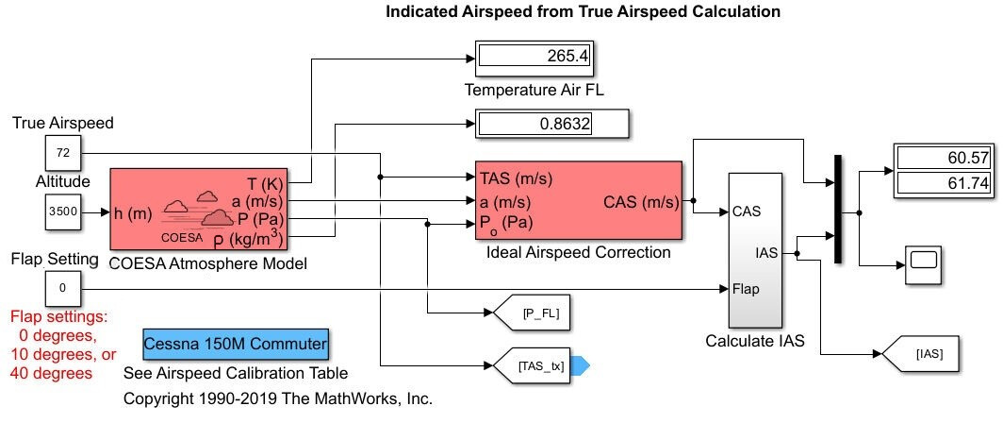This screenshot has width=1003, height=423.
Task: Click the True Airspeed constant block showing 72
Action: click(x=63, y=152)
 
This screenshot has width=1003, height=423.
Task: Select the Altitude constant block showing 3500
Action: click(x=63, y=211)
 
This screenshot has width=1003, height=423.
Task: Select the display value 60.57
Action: click(x=944, y=159)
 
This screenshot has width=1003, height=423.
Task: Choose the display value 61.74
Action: click(x=944, y=183)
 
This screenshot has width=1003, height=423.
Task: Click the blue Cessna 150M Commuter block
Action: click(x=236, y=344)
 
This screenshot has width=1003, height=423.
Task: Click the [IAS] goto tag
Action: click(x=928, y=354)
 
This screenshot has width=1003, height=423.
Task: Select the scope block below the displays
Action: click(x=924, y=264)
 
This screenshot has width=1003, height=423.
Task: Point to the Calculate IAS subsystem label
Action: click(x=755, y=342)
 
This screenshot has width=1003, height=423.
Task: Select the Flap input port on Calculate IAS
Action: click(x=745, y=289)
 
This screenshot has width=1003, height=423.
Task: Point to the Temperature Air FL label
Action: click(x=534, y=91)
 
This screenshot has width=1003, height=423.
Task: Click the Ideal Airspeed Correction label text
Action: click(x=578, y=252)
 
